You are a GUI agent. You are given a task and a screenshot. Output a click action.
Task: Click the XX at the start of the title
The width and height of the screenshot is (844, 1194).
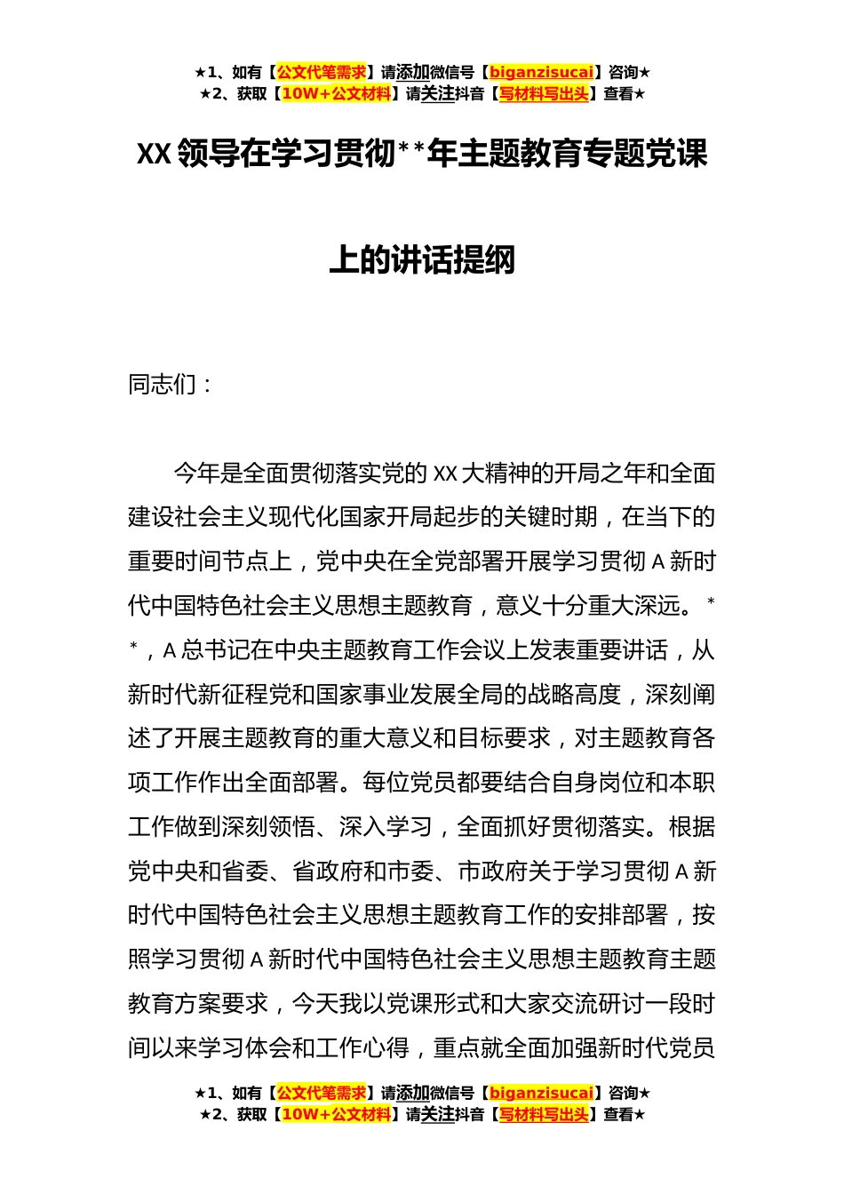(153, 155)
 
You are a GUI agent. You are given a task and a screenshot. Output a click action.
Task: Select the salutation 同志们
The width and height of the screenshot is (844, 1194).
(163, 385)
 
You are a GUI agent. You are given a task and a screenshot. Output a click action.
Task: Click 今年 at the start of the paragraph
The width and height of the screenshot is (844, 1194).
(196, 474)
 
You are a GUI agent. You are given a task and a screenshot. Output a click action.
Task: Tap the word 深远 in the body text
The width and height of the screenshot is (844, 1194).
(657, 606)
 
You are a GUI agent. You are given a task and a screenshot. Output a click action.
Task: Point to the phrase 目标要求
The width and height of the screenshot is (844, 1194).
(504, 739)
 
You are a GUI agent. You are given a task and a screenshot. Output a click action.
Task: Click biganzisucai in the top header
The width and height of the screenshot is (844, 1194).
(541, 73)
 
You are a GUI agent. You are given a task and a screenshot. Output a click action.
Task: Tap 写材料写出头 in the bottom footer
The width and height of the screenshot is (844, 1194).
(544, 1114)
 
